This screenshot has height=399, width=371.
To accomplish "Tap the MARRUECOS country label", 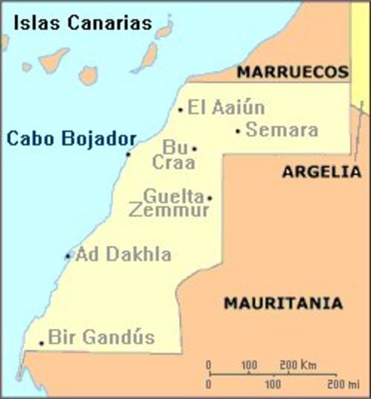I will coord(291,73).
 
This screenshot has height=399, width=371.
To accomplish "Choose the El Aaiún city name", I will coord(225,107).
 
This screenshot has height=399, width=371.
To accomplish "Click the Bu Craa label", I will coord(173,155).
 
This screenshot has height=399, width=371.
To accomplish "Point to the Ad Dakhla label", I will coord(123,254).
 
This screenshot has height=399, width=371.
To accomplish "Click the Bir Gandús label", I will coord(101,337).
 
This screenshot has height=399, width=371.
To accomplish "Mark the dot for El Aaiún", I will coord(181,110).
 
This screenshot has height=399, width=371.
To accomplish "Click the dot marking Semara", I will coord(238,131).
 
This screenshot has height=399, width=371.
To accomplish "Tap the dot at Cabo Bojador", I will coord(128,154).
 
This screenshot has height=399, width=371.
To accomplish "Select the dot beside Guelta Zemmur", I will coord(210,198).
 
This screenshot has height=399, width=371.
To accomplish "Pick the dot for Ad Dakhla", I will coord(68,256).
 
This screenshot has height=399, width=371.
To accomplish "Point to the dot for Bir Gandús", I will coord(41,342).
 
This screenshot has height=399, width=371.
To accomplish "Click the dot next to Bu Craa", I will coord(195,149).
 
